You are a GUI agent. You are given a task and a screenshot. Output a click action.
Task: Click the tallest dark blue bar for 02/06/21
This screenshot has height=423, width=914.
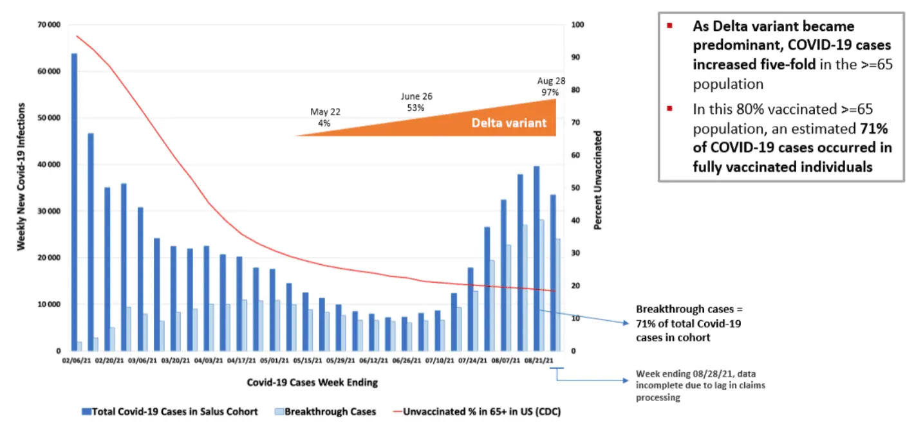point(74,202)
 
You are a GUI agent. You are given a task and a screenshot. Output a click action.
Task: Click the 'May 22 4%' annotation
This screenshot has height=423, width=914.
point(325,117)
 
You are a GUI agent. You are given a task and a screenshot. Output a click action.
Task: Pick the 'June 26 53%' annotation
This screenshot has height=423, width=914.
point(416,102)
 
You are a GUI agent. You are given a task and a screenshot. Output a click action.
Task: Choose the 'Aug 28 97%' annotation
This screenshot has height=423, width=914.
point(550,87)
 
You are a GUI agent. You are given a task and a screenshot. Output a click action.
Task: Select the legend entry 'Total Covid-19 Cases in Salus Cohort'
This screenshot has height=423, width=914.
point(174,411)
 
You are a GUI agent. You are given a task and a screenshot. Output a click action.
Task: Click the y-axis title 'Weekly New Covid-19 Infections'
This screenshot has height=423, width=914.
point(21,175)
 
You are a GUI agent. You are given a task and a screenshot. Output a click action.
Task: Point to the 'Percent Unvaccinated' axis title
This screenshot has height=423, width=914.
point(597,181)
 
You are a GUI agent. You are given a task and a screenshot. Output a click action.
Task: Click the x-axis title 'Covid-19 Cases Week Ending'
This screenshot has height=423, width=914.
point(312,382)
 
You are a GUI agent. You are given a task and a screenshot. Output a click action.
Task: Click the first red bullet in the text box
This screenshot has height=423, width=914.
point(669,26)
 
